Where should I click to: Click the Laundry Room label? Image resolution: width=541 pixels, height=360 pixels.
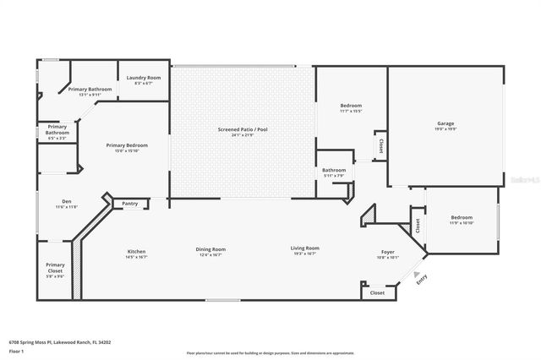click(x=139, y=78)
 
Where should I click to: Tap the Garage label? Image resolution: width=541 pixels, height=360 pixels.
click(x=445, y=123)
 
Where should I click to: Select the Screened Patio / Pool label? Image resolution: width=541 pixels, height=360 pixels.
click(x=243, y=128)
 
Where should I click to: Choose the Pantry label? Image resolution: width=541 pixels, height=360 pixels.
click(x=129, y=203)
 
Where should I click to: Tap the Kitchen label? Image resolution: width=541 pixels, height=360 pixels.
click(x=137, y=251)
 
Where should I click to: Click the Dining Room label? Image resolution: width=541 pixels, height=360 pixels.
click(x=210, y=248)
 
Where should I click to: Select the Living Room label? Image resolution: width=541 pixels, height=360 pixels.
click(x=304, y=248)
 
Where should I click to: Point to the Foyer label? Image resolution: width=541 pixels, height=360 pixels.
click(x=387, y=252)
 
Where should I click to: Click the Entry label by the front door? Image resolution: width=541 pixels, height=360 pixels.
click(x=422, y=280)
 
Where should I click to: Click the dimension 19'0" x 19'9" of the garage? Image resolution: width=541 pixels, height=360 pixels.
click(x=445, y=129)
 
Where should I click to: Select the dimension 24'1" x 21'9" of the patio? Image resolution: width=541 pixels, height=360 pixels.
click(x=243, y=134)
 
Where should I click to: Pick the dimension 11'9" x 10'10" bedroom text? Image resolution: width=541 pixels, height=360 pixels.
click(x=462, y=223)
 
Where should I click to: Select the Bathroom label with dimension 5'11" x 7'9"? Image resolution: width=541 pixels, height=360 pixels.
click(x=333, y=170)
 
